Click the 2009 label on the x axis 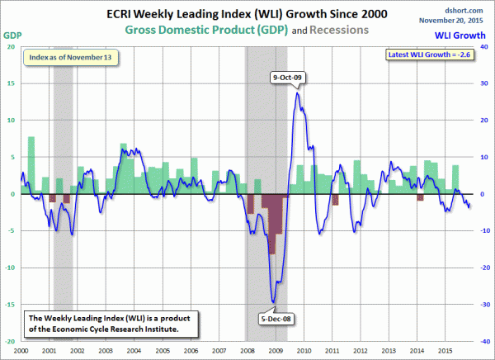click(276, 351)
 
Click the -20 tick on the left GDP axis click(10, 341)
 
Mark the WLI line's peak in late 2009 click(297, 92)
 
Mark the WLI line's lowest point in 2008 click(274, 302)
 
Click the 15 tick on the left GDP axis click(12, 83)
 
